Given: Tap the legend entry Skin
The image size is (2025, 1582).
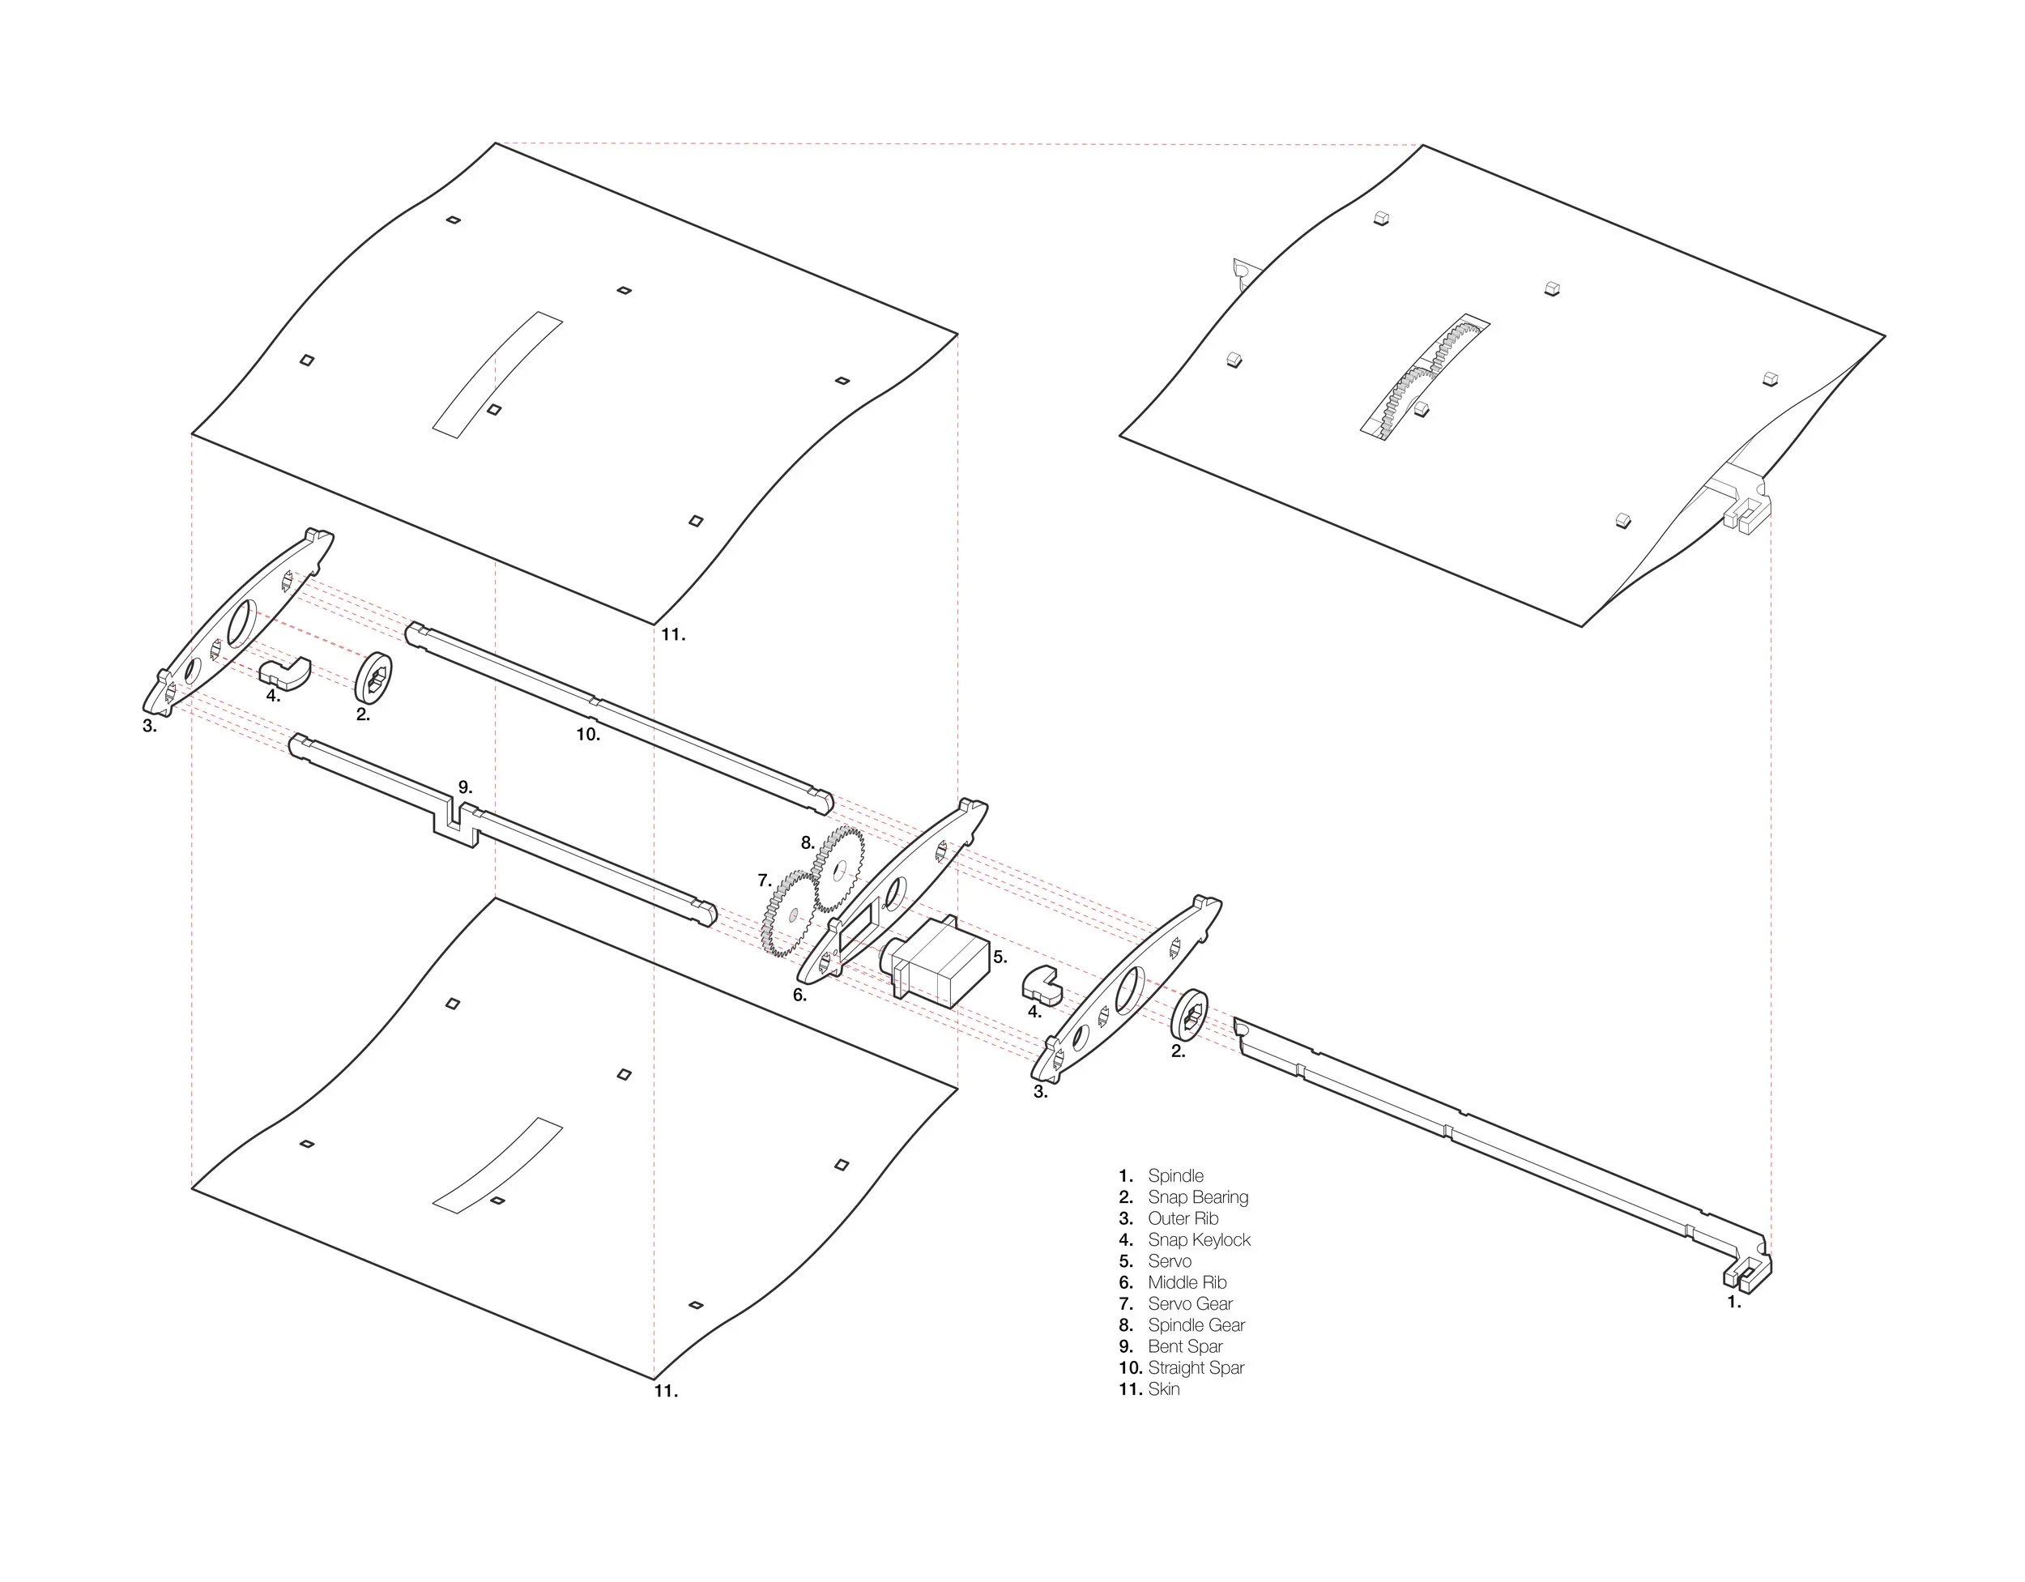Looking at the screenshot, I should click(x=1164, y=1389).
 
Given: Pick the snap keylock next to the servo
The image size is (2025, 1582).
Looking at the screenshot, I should click(x=1044, y=987).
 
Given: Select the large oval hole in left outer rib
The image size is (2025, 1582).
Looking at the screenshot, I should click(x=243, y=623).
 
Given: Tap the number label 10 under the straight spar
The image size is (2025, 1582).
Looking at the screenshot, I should click(x=588, y=735).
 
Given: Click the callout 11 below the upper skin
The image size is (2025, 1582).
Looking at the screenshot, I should click(x=673, y=635).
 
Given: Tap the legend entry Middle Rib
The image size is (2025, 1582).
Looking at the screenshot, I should click(x=1186, y=1282).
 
